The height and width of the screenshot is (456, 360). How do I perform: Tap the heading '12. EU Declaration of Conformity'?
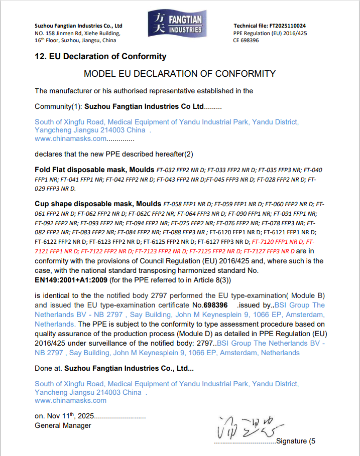[x=100, y=57]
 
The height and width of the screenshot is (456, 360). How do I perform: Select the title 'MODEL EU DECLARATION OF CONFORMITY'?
[x=180, y=74]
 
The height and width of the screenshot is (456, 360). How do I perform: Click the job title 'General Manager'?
[x=63, y=425]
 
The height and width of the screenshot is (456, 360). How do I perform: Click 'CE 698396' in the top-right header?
[x=246, y=40]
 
